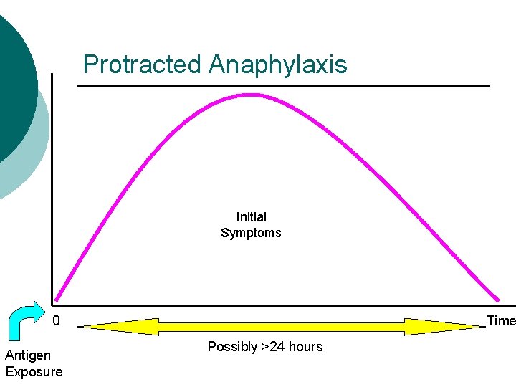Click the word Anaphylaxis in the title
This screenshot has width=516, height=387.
278,64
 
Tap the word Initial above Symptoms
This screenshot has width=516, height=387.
251,217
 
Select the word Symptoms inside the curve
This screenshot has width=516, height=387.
251,233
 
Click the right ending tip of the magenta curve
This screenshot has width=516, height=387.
497,299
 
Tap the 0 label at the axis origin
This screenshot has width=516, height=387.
57,321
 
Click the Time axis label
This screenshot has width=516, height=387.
501,321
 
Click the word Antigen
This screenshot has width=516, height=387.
28,355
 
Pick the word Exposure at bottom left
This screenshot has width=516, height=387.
34,371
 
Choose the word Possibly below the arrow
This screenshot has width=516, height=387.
232,347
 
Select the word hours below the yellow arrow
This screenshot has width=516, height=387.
305,347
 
